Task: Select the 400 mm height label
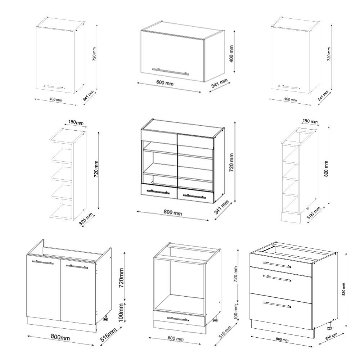pos(231,53)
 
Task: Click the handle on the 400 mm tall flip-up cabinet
pos(170,71)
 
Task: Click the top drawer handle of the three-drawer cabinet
pos(276,265)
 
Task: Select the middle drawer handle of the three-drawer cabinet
pos(276,278)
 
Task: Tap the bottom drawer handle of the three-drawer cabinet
pos(276,305)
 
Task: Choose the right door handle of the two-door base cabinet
pos(77,267)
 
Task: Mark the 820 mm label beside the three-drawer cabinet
pos(344,289)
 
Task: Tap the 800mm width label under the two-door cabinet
pos(60,337)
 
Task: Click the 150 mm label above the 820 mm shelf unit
pos(310,121)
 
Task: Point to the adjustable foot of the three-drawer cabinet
pos(329,327)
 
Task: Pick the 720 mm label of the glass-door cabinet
pos(231,162)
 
